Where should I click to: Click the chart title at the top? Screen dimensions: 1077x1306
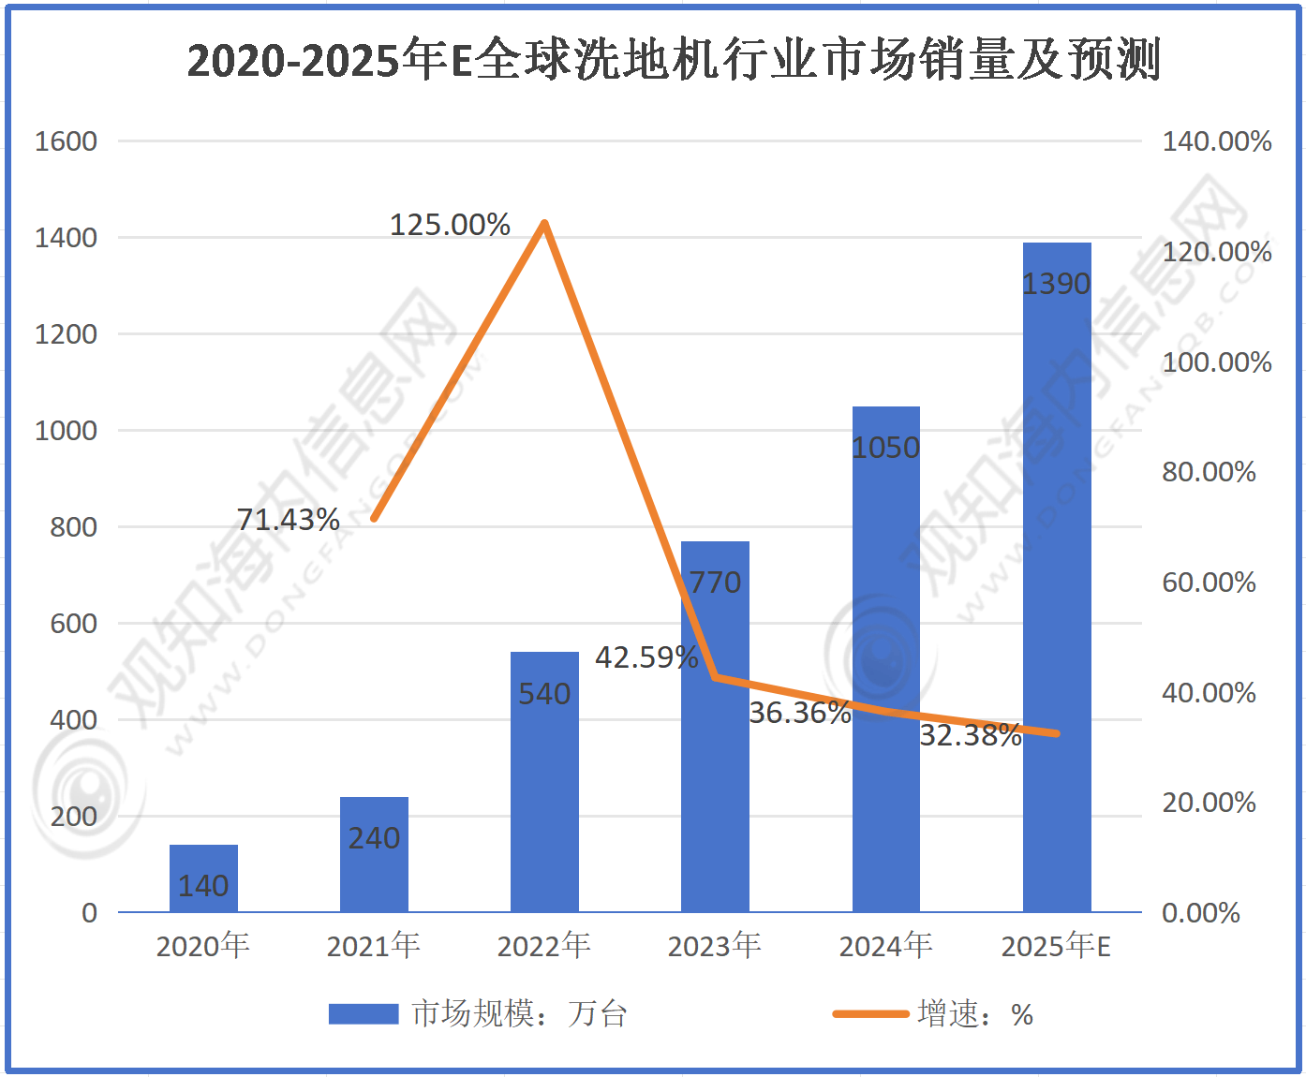pyautogui.click(x=673, y=60)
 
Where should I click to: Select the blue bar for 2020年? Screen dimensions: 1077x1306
pyautogui.click(x=203, y=878)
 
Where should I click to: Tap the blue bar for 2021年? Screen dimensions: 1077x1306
pyautogui.click(x=374, y=854)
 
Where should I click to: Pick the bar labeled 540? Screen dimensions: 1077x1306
pyautogui.click(x=544, y=781)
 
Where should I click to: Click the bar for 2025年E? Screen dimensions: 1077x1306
pyautogui.click(x=1057, y=577)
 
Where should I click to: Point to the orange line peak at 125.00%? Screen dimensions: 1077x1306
pyautogui.click(x=544, y=223)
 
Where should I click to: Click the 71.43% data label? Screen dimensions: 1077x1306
pyautogui.click(x=288, y=519)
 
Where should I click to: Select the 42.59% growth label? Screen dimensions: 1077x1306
pyautogui.click(x=646, y=657)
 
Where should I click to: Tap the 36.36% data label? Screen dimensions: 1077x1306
pyautogui.click(x=799, y=713)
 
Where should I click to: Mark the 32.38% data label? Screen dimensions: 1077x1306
pyautogui.click(x=970, y=735)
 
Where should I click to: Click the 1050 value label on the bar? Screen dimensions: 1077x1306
pyautogui.click(x=885, y=448)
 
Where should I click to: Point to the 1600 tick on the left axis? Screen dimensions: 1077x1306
pyautogui.click(x=66, y=141)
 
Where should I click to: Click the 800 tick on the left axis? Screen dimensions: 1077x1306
pyautogui.click(x=73, y=527)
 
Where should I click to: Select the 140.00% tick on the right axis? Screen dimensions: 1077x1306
pyautogui.click(x=1216, y=141)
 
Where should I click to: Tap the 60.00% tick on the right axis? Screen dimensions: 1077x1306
pyautogui.click(x=1209, y=583)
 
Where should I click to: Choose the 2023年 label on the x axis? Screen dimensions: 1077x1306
pyautogui.click(x=714, y=946)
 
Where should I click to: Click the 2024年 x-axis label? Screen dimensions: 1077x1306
pyautogui.click(x=885, y=946)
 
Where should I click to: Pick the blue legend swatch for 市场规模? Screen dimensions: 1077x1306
pyautogui.click(x=364, y=1013)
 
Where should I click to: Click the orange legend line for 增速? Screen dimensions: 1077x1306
pyautogui.click(x=870, y=1013)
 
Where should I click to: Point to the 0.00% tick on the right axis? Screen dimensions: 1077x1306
pyautogui.click(x=1200, y=913)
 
